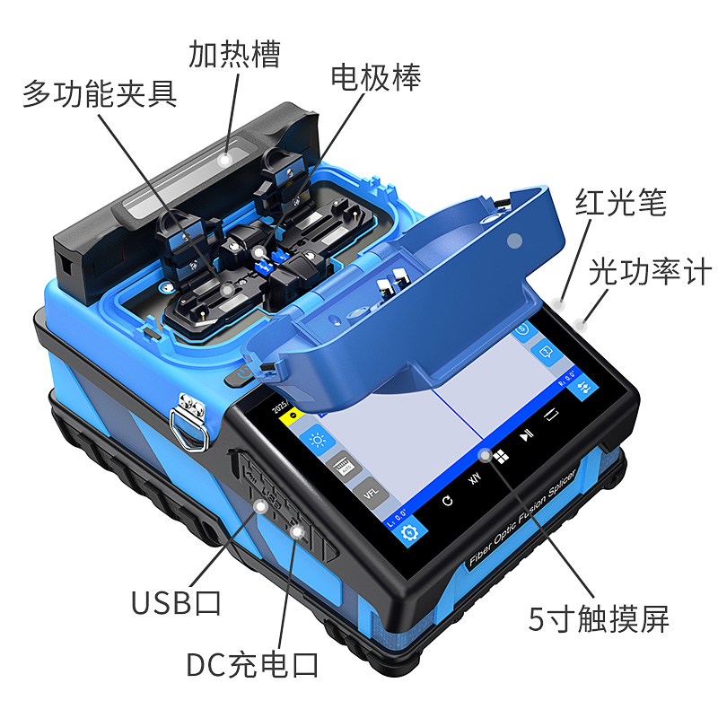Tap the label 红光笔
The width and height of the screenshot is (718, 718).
621,203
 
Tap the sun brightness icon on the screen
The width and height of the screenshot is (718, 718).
316,441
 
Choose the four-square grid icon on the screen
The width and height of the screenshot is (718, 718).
501,457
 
